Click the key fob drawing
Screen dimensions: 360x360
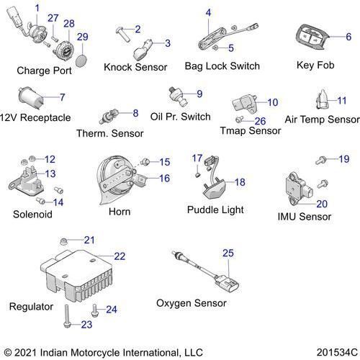point(312,37)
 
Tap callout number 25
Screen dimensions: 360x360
point(228,253)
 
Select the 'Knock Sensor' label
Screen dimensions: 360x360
point(135,67)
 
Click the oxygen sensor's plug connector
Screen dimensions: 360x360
point(228,284)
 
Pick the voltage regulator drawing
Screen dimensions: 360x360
point(76,275)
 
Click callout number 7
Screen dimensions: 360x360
point(62,97)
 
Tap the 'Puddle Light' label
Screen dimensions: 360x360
point(215,210)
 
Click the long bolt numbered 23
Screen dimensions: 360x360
point(66,316)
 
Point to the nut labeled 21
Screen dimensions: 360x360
point(63,241)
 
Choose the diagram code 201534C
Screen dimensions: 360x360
point(337,352)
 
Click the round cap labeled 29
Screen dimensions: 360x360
point(81,60)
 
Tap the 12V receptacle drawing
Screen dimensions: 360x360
point(31,99)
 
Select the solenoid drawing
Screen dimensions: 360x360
point(26,181)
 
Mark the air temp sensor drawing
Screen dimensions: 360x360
point(323,99)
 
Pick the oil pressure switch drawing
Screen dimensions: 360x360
point(179,96)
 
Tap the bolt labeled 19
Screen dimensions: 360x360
point(321,160)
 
